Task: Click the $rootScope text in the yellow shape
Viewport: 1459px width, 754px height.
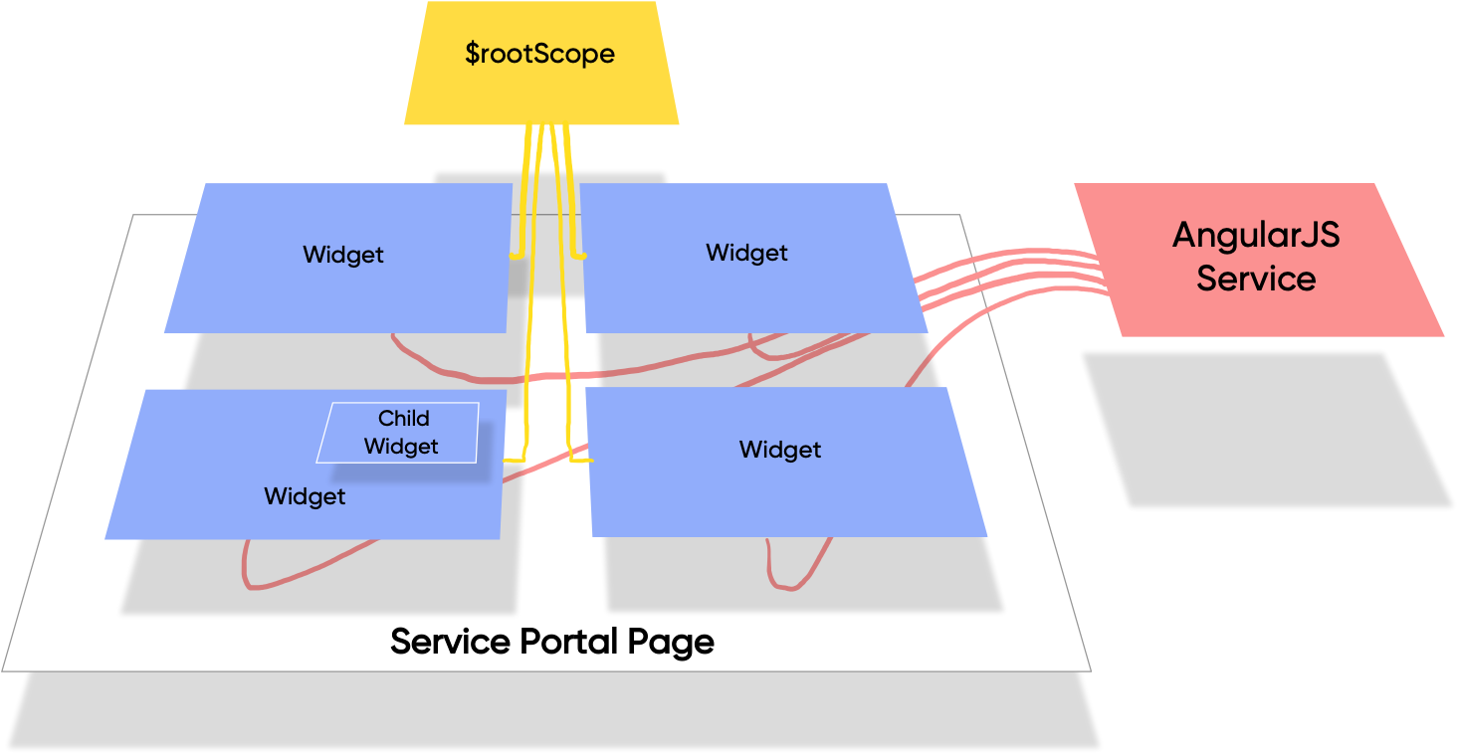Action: [539, 54]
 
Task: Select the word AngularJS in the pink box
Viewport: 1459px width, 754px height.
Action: [1255, 236]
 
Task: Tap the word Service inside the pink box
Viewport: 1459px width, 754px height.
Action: [1255, 279]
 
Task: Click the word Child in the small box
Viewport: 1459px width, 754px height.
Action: [403, 419]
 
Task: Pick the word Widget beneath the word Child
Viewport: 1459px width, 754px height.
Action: [400, 447]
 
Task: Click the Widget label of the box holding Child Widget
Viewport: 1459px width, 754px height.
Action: [305, 496]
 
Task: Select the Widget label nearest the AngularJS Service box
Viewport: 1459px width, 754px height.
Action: [746, 253]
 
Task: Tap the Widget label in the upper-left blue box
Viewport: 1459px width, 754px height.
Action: [343, 255]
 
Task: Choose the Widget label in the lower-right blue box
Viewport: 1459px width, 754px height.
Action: [779, 450]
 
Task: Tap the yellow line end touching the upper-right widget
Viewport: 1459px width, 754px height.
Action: [580, 257]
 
